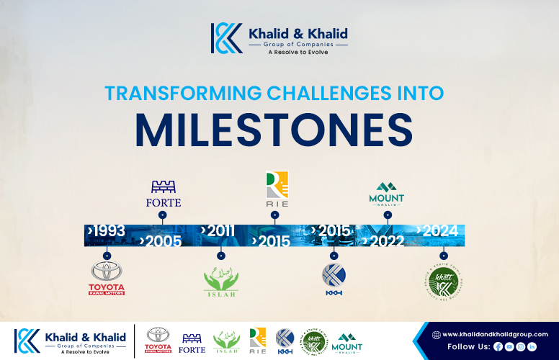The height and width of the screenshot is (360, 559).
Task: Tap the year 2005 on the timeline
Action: [163, 241]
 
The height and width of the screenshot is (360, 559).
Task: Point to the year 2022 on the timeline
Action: [385, 241]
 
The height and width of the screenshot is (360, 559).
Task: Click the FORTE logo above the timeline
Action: [163, 194]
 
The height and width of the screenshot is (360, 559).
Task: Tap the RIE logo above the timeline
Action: [277, 188]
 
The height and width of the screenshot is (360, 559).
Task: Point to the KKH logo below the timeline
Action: [333, 279]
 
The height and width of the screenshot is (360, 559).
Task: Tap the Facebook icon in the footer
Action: [498, 346]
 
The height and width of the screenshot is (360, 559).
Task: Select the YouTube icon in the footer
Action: [509, 346]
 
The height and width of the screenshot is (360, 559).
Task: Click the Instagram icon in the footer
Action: [521, 346]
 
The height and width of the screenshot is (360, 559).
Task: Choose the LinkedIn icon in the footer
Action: [532, 346]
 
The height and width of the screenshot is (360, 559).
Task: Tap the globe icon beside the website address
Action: [436, 334]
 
